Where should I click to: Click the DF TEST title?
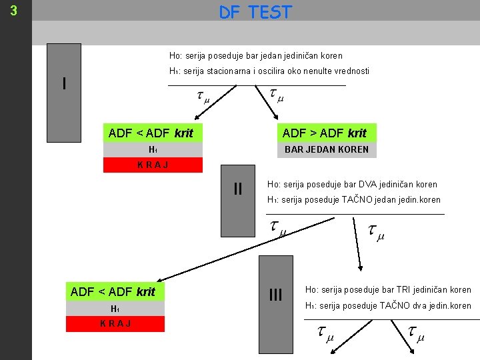pos(255,12)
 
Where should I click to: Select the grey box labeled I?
pos(64,84)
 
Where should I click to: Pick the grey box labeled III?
pos(275,294)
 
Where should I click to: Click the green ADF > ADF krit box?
pos(325,133)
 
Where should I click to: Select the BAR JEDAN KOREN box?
pos(326,149)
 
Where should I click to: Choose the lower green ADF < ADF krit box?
pos(113,291)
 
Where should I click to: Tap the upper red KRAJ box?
pos(153,165)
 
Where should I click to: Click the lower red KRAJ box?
pos(115,323)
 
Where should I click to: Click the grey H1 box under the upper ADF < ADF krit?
pos(153,149)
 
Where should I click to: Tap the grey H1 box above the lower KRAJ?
pos(115,308)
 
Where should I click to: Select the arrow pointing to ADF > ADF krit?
pos(272,106)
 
